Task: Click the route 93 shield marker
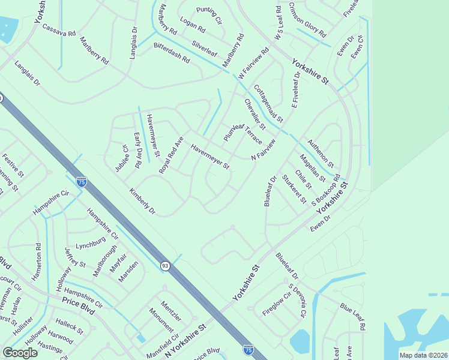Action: tap(165, 265)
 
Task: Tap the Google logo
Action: tap(20, 353)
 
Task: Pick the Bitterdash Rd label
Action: tap(172, 53)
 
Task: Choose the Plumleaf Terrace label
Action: tap(243, 133)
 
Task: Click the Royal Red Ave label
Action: tap(170, 155)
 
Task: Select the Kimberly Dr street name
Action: tap(142, 202)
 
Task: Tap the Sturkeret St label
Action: tap(294, 188)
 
